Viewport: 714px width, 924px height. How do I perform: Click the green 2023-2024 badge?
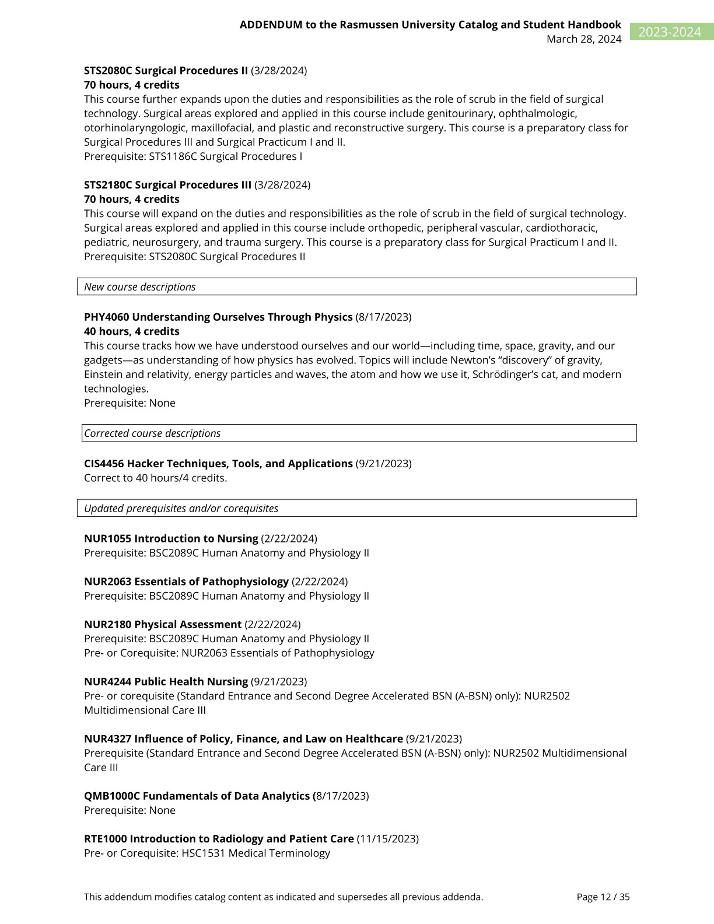pos(671,32)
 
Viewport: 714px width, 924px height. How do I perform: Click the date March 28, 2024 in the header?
pos(583,39)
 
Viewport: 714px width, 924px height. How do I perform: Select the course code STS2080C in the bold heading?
pos(108,71)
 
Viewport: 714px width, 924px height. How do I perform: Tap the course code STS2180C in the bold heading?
pos(108,185)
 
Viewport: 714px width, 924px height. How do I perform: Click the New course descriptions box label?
pos(140,287)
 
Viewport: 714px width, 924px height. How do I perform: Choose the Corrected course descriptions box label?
pos(153,433)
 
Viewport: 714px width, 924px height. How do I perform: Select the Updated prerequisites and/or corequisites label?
pos(181,508)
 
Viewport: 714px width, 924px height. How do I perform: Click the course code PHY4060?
pos(106,317)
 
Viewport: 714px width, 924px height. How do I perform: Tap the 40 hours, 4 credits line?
pos(132,331)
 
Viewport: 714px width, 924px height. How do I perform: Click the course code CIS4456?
pos(104,464)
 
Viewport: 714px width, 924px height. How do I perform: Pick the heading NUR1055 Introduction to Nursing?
pos(171,538)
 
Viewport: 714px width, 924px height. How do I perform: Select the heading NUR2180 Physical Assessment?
pos(163,624)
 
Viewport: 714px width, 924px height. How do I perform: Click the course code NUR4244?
pos(107,681)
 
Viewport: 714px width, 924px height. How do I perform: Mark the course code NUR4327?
pos(107,738)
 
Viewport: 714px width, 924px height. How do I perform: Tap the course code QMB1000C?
pos(111,796)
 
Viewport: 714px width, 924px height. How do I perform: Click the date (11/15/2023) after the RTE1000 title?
pos(388,839)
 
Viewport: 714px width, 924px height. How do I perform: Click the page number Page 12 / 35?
pos(603,897)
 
